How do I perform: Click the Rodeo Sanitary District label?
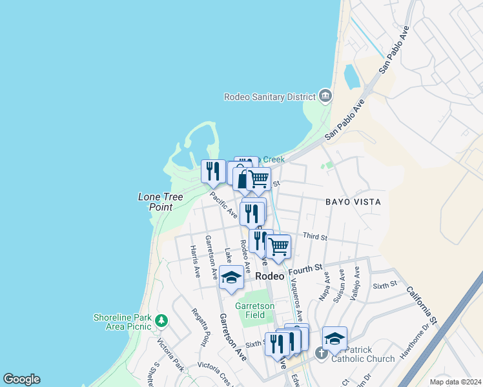[x=269, y=97]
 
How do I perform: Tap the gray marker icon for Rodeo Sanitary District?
[x=325, y=97]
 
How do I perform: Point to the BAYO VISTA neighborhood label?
[x=353, y=202]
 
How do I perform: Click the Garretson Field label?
[x=254, y=310]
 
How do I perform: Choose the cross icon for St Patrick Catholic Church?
[x=321, y=353]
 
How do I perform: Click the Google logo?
[x=21, y=379]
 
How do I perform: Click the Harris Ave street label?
[x=195, y=261]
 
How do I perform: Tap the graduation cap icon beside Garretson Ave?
[x=231, y=277]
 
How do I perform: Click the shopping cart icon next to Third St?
[x=278, y=246]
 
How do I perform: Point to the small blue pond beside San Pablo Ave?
[x=352, y=77]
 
